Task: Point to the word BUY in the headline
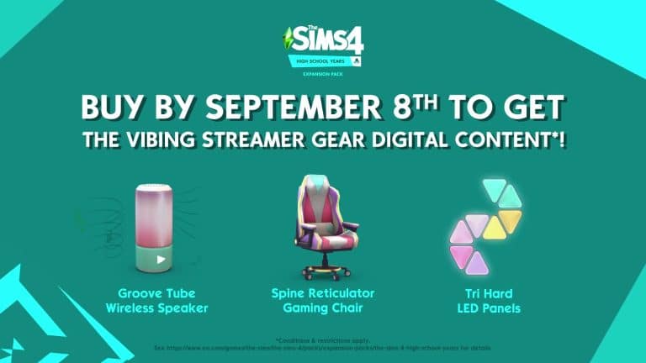tap(115, 108)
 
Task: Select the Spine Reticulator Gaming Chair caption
tap(323, 301)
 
